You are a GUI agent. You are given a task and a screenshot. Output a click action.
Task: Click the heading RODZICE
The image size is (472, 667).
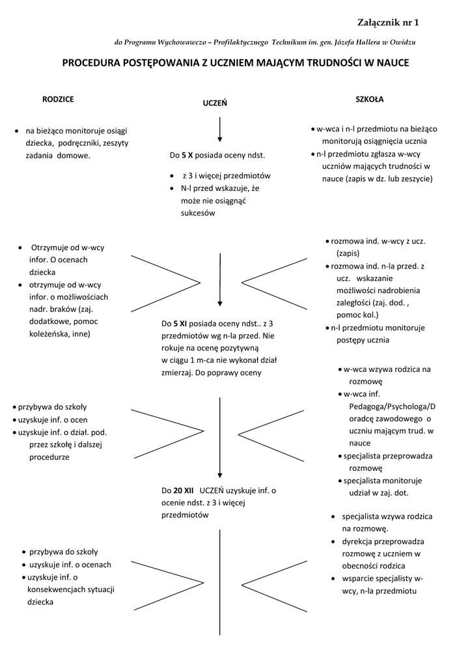[58, 99]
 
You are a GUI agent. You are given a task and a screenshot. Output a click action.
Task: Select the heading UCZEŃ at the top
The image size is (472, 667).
[215, 103]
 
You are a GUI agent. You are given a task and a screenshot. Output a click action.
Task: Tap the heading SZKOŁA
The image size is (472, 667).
[369, 99]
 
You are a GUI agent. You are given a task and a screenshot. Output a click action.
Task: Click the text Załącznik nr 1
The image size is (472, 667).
[389, 23]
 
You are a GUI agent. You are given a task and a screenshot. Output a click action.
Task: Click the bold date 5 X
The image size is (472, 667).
[187, 156]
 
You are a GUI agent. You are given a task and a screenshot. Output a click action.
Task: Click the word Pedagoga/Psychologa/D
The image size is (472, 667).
[388, 406]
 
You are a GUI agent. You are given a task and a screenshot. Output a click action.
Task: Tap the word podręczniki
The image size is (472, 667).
[89, 143]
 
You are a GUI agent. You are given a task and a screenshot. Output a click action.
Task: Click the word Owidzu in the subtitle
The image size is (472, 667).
[402, 42]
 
